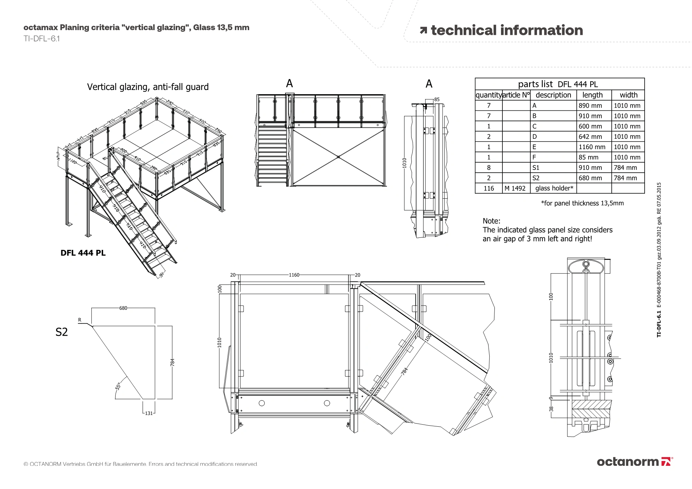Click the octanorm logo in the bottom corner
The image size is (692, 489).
point(635,462)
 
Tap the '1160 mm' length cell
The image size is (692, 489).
point(592,147)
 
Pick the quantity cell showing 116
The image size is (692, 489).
point(489,188)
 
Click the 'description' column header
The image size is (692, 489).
point(553,95)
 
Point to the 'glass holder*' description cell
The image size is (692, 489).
point(554,188)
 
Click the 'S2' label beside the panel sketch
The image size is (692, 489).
point(62,332)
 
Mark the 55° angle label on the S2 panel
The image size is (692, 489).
point(118,386)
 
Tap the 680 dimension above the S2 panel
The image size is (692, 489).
point(123,308)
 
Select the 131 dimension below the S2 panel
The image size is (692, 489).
point(149,413)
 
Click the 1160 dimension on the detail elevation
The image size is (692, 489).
point(294,275)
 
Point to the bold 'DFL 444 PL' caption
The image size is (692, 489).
point(83,253)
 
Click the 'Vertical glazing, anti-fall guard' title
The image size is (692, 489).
point(148,87)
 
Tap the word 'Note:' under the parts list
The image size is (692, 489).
point(491,221)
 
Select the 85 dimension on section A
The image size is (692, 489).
point(437,100)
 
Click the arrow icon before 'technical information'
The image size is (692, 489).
point(423,31)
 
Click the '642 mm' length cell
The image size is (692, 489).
point(590,137)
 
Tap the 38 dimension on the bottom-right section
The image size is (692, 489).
point(551,409)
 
